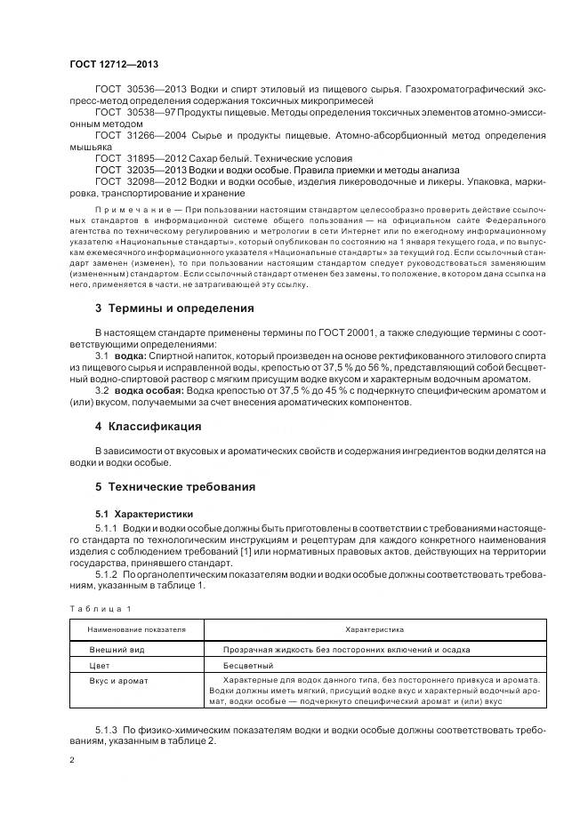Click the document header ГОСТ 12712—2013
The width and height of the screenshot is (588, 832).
click(114, 64)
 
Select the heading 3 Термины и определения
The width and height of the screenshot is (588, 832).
click(174, 308)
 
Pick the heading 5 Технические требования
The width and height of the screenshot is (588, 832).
click(175, 486)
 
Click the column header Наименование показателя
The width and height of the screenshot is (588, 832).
click(137, 628)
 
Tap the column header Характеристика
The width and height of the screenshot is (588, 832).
click(375, 628)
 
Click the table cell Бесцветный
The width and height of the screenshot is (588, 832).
click(248, 665)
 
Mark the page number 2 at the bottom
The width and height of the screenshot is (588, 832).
click(72, 760)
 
